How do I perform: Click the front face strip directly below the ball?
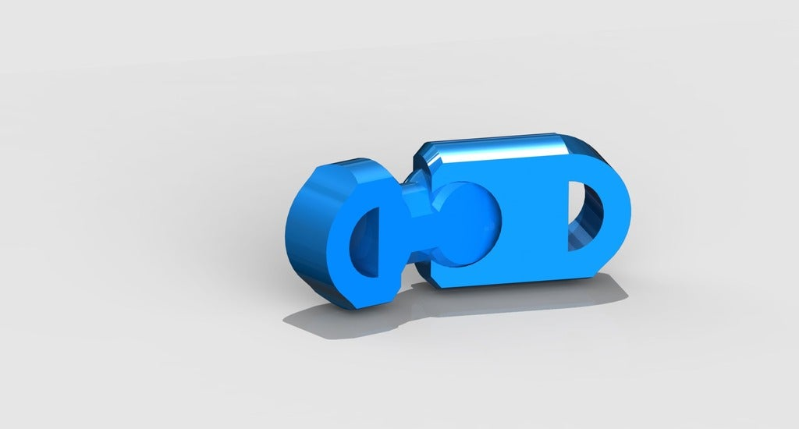476,273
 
